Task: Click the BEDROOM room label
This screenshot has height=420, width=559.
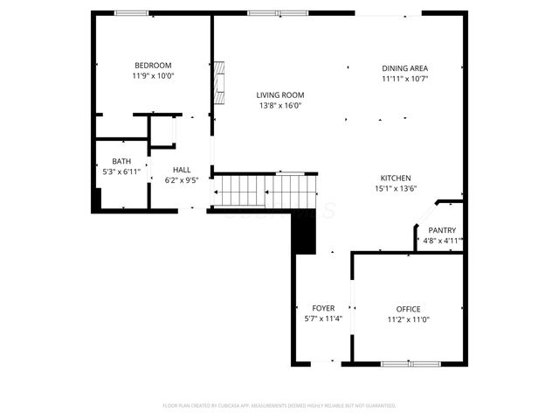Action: click(152, 66)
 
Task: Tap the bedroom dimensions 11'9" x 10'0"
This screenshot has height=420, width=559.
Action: click(153, 76)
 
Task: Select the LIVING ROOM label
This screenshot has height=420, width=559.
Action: click(279, 95)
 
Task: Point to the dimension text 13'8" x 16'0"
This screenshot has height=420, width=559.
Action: click(279, 106)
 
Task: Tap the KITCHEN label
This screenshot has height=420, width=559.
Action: click(395, 178)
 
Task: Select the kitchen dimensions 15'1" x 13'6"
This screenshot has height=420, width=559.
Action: click(395, 188)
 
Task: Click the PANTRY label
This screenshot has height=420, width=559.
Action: click(442, 230)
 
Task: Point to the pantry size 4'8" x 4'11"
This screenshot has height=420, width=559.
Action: click(442, 241)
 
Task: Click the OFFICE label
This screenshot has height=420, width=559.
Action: click(408, 309)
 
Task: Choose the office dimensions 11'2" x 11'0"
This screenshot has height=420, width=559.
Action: click(408, 319)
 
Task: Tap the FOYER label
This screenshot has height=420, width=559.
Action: click(323, 309)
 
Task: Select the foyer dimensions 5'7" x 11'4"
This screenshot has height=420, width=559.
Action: click(323, 319)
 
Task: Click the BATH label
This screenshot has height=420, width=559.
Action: click(121, 161)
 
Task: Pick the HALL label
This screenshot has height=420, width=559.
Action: click(182, 170)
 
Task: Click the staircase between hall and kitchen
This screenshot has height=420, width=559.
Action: click(265, 192)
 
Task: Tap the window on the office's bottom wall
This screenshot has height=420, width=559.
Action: click(410, 363)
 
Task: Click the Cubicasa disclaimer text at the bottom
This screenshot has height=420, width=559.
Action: click(279, 406)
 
